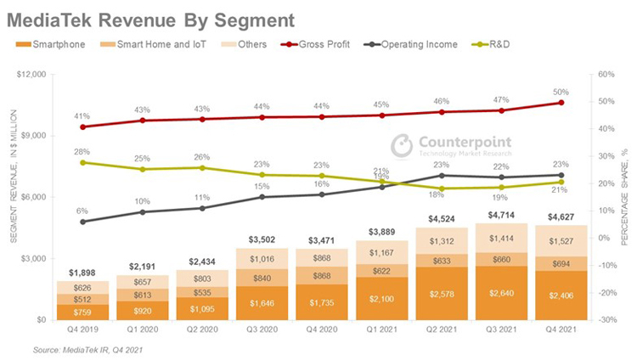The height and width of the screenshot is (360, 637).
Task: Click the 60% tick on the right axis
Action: (606, 74)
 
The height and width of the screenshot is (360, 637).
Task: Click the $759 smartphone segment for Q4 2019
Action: (83, 312)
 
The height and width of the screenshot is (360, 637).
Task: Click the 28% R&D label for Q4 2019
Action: (82, 151)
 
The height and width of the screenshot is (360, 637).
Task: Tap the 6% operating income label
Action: (82, 211)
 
